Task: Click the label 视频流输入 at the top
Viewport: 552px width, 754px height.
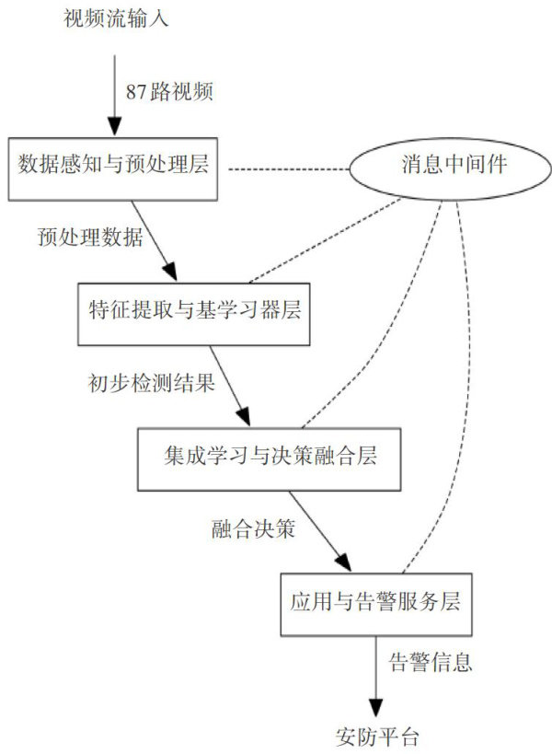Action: tap(113, 17)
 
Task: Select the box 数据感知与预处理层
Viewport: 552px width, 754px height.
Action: tap(114, 168)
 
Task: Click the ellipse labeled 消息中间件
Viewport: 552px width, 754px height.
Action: tap(450, 167)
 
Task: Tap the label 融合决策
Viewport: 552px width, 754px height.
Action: tap(252, 527)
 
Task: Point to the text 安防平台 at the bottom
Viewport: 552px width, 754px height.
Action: tap(376, 737)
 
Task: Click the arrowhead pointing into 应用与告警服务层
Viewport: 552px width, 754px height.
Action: tap(343, 563)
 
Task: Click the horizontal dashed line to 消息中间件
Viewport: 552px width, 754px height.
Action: tap(286, 168)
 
